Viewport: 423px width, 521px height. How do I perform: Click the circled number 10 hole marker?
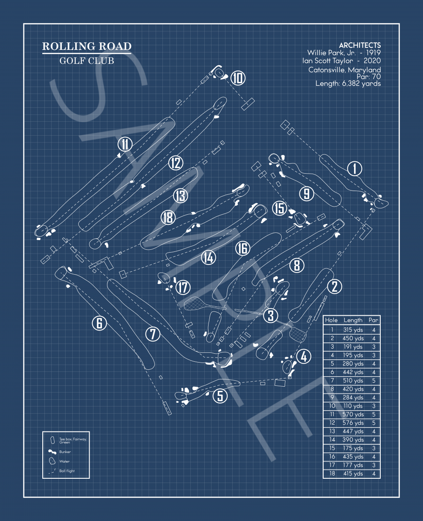(238, 78)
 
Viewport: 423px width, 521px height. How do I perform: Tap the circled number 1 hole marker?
(354, 169)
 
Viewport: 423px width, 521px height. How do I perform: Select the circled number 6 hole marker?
(99, 323)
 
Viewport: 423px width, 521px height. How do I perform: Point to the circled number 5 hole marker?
(220, 396)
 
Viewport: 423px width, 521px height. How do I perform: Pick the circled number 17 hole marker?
(183, 287)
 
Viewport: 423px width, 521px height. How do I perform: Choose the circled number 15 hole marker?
(280, 208)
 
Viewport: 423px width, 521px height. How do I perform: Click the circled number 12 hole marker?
(176, 163)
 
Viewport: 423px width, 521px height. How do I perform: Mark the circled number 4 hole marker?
(304, 357)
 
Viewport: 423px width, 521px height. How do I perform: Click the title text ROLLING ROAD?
(87, 46)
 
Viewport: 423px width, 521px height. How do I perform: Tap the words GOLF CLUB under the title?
(87, 61)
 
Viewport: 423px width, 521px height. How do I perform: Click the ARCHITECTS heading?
(360, 45)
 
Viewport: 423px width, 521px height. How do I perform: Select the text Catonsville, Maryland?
(344, 70)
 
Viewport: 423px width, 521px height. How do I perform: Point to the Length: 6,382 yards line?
(348, 84)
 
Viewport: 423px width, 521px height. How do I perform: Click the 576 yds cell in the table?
(353, 423)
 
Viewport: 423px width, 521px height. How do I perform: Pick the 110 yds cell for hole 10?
(353, 406)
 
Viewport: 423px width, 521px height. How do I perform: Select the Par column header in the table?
(373, 320)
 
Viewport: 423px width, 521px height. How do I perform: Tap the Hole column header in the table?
(331, 320)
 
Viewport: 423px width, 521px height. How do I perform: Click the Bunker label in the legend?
(65, 452)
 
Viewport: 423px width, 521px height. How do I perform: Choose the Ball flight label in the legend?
(67, 471)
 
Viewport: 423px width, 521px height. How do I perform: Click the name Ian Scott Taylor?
(327, 61)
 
